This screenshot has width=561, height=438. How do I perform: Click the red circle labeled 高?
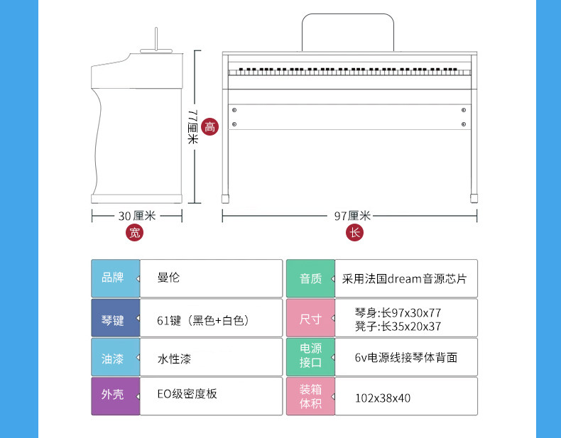click(x=209, y=126)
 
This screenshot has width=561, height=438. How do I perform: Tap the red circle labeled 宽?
click(x=135, y=232)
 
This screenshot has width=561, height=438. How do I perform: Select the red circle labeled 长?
click(x=355, y=232)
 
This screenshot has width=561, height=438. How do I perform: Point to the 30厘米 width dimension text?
click(x=136, y=215)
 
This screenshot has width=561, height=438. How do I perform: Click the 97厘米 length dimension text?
click(x=352, y=215)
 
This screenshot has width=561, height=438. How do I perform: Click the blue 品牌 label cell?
click(x=113, y=278)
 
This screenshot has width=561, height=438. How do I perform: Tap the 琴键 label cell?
click(x=113, y=317)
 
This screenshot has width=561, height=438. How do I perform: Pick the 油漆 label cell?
click(x=113, y=357)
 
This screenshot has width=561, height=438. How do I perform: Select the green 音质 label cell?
click(x=310, y=278)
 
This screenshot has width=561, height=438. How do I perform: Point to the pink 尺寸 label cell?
click(x=310, y=317)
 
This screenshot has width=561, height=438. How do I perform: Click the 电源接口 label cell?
click(x=310, y=357)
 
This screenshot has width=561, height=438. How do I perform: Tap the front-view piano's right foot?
click(x=474, y=192)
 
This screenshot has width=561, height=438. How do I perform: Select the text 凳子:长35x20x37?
click(x=398, y=326)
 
